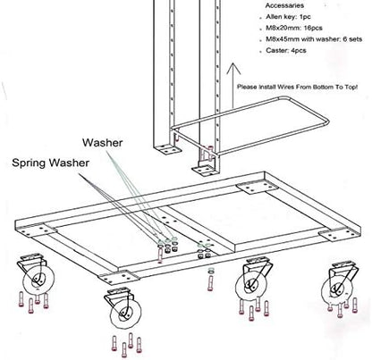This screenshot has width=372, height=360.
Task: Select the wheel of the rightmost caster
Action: pyautogui.click(x=341, y=286)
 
